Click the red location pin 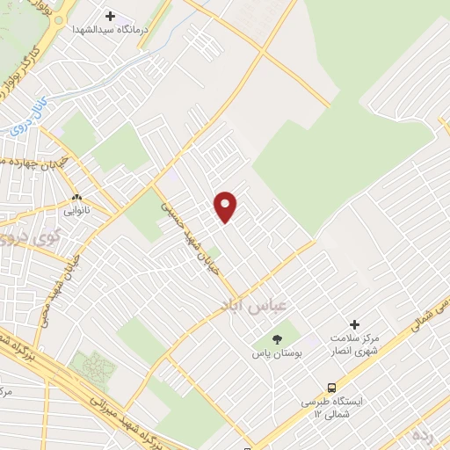point(226,207)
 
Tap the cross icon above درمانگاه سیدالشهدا point(110,16)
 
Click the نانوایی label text point(76,211)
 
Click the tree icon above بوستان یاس point(278,338)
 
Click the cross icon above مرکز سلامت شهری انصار point(355,324)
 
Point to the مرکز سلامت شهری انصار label point(355,345)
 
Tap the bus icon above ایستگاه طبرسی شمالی point(331,387)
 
